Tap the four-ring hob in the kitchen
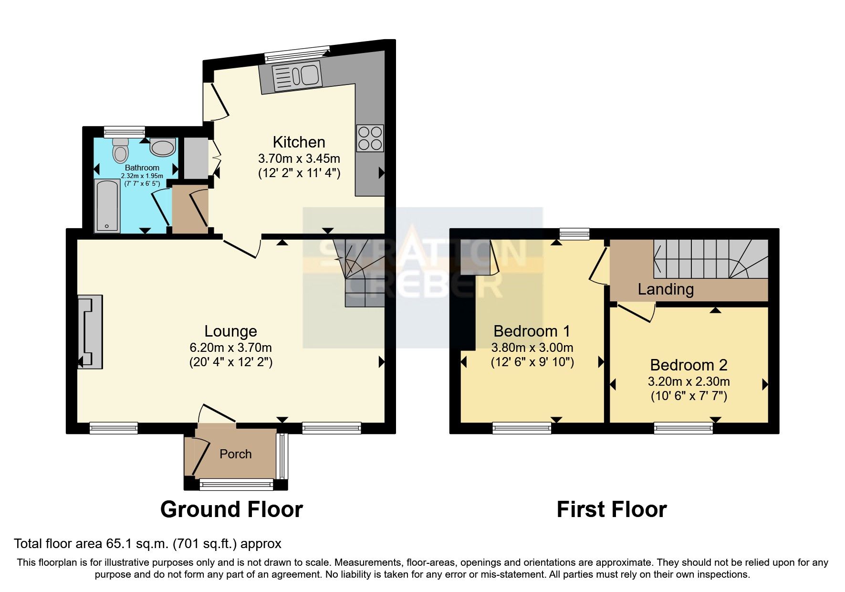370,138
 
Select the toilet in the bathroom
120,150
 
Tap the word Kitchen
299,142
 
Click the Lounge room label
230,331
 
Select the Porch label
235,454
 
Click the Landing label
666,289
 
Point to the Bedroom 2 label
689,365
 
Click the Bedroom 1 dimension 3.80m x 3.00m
532,348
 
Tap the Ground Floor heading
231,509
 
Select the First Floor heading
611,509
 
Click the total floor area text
147,544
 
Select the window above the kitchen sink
297,53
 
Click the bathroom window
124,131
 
